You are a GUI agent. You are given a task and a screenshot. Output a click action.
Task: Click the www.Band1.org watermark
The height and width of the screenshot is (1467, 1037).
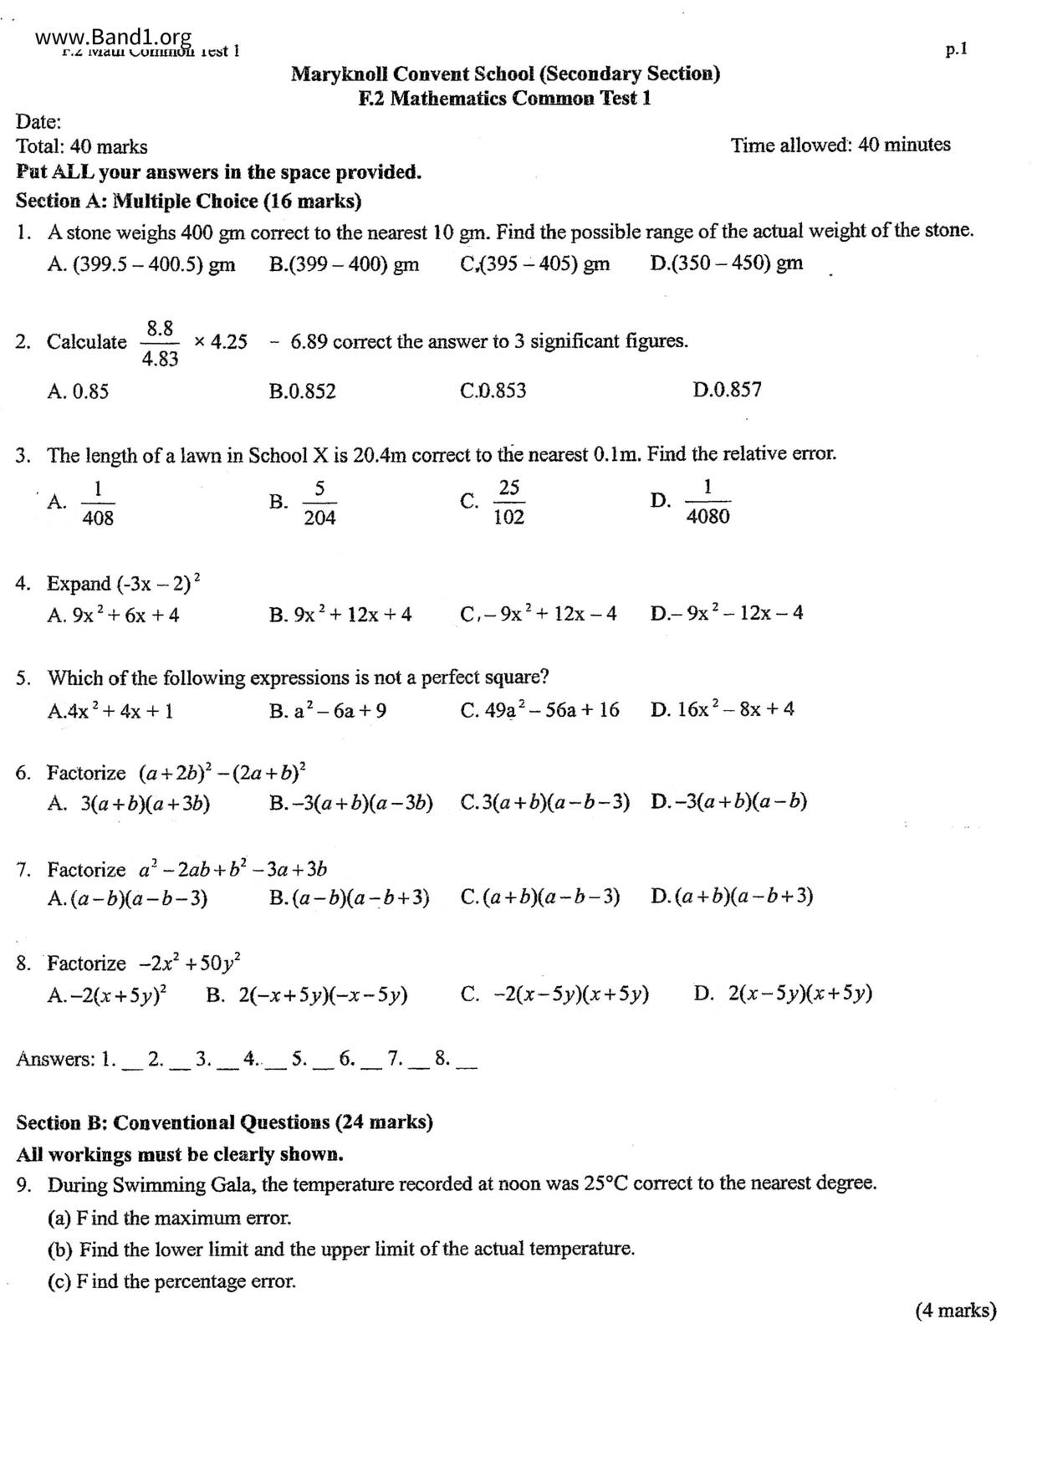pos(114,38)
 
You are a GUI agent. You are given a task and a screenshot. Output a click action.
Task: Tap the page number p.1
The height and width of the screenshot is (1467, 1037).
pos(956,49)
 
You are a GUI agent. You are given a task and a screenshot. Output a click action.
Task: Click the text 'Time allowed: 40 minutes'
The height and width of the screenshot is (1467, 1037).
pos(840,145)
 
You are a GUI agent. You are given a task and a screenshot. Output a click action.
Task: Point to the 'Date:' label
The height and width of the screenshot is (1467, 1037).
pos(38,122)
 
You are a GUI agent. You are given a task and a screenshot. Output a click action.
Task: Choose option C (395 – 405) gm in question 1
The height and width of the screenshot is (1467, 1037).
pos(535,263)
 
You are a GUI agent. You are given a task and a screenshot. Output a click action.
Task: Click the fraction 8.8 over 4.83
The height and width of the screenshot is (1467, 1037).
pos(159,343)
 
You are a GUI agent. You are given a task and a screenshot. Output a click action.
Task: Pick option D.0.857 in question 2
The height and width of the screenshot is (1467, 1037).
pos(727,390)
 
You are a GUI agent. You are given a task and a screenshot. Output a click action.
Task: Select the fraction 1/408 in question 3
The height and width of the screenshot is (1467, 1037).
pos(98,503)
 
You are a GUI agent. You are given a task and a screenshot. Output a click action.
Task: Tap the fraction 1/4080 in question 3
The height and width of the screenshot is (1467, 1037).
pos(708,502)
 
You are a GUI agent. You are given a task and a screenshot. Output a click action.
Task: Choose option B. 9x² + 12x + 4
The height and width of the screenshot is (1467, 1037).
pos(340,615)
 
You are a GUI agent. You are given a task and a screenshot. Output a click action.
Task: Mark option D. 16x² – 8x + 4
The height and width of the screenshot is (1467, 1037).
pos(723,710)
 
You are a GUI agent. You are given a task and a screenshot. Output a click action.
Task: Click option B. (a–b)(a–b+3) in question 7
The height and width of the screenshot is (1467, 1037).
pos(350,898)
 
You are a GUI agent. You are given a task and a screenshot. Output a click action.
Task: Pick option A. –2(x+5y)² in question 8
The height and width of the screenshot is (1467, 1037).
pos(107,994)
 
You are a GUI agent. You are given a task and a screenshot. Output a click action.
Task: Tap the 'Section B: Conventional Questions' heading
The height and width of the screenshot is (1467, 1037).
pos(224,1122)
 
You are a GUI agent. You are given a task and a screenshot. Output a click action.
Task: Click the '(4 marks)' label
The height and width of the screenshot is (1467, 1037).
pos(956,1310)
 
